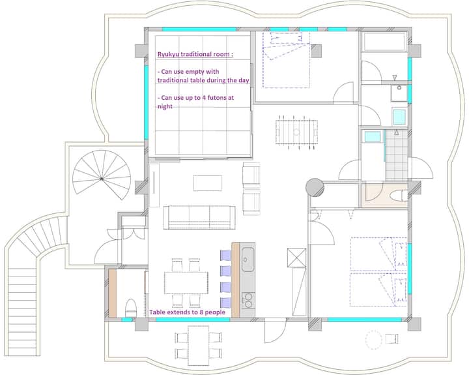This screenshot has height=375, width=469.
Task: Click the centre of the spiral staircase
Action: click(x=102, y=179)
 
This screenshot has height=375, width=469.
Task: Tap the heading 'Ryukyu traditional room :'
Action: click(x=195, y=54)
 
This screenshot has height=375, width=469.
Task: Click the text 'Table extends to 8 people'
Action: click(x=187, y=312)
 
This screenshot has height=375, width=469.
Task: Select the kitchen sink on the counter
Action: click(x=248, y=260)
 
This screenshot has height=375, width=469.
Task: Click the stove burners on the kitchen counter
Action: click(x=248, y=301)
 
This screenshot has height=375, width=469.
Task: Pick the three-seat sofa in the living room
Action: click(x=199, y=217)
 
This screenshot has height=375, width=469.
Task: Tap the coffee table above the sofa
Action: click(x=208, y=183)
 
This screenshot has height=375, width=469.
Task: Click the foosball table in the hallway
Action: click(x=296, y=132)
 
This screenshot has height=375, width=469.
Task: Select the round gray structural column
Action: click(x=315, y=188)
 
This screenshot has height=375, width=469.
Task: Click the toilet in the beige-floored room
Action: click(x=397, y=196)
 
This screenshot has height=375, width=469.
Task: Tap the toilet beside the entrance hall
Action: click(x=131, y=307)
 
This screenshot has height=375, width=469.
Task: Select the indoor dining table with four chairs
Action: click(x=186, y=283)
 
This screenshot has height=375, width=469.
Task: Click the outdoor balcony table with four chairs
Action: click(x=198, y=346)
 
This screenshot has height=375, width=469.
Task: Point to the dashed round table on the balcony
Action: click(x=374, y=340)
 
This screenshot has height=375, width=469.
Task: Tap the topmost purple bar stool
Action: click(x=225, y=256)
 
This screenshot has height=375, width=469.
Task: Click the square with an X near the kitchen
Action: click(x=297, y=258)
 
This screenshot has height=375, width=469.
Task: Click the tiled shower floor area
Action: click(x=396, y=154)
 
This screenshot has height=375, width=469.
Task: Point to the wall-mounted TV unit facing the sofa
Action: click(x=154, y=185)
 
